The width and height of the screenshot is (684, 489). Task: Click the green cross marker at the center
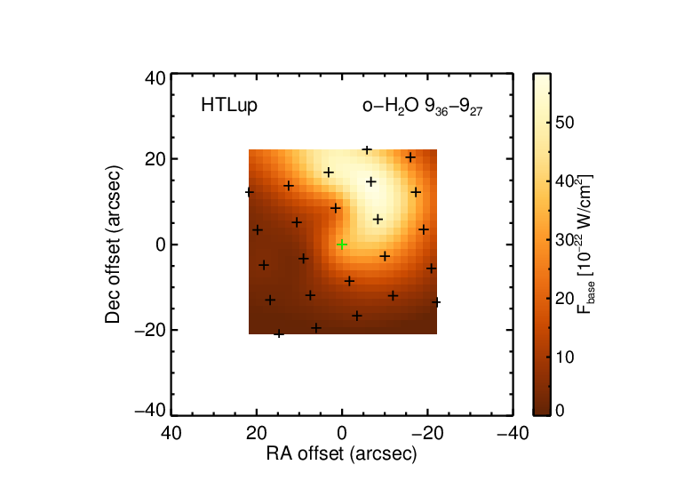[342, 244]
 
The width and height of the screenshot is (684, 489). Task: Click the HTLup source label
[229, 105]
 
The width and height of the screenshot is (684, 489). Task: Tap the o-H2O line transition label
[422, 107]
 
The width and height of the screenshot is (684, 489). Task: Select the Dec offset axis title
[113, 244]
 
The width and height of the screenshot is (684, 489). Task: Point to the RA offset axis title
[342, 454]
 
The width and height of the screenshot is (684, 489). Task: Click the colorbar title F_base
[585, 244]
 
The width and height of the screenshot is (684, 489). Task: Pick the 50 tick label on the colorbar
[565, 123]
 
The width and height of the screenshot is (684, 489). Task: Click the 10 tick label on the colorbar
[565, 357]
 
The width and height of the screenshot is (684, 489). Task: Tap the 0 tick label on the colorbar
[560, 411]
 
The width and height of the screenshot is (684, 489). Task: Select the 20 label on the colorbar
[565, 299]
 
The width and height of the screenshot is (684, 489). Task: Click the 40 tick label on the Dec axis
[155, 79]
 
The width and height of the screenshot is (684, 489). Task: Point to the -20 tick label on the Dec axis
[150, 331]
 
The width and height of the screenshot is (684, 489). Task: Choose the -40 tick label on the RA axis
[513, 434]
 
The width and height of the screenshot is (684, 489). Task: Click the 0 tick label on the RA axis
[342, 434]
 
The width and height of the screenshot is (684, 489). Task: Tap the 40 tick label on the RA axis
[171, 434]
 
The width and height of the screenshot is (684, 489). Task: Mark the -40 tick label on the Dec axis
[150, 411]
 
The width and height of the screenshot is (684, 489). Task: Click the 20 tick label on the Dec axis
[155, 159]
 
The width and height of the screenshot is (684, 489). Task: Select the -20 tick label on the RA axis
[428, 434]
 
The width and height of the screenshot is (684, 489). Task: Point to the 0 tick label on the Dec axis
[161, 244]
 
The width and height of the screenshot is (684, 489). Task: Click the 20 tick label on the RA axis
[257, 434]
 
